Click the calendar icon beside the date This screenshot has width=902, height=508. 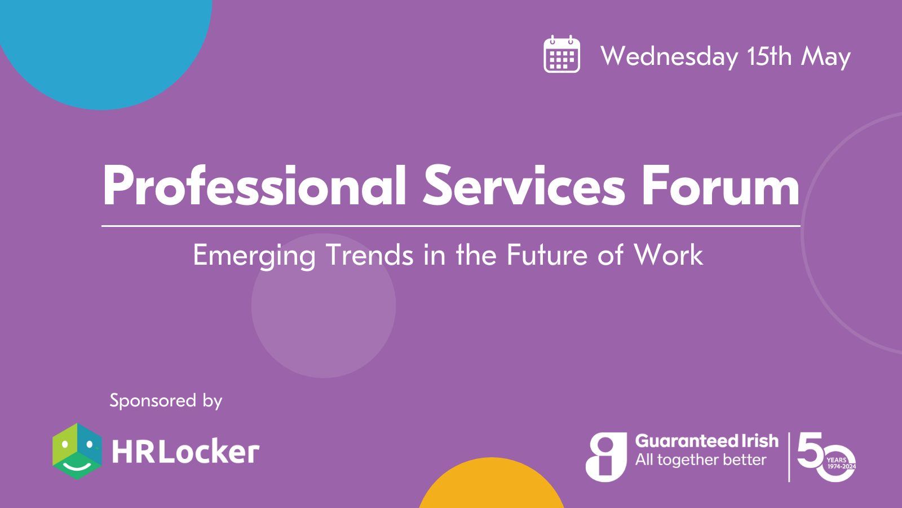(561, 54)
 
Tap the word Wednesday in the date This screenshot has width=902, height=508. (669, 56)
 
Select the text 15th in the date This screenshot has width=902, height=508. (770, 56)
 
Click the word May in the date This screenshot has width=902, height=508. (825, 57)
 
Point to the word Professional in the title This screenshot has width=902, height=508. (254, 186)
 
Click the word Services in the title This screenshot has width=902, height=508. (524, 186)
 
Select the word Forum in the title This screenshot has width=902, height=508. (721, 186)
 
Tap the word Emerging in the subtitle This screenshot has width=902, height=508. (254, 256)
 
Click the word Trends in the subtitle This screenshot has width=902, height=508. (369, 255)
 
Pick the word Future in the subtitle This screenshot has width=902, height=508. (547, 255)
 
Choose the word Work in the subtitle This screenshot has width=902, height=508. (669, 255)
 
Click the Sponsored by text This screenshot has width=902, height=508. (166, 401)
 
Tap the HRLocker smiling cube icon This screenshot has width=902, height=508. (77, 451)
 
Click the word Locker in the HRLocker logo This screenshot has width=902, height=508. (211, 452)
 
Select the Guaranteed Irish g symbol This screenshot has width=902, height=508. (606, 457)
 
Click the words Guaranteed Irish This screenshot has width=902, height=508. (707, 441)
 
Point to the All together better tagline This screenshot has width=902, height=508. (701, 459)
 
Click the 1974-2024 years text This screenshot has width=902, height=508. (842, 466)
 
